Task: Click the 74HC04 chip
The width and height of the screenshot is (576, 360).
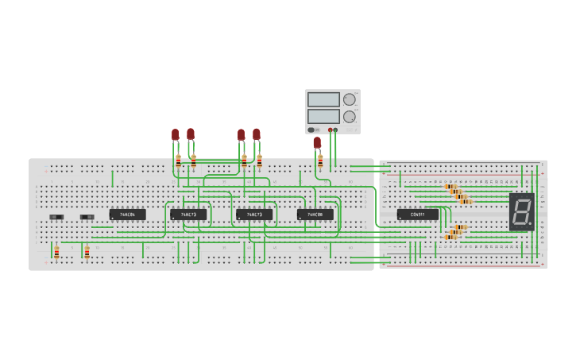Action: pyautogui.click(x=127, y=215)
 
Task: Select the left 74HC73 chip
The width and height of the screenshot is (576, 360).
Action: pyautogui.click(x=188, y=215)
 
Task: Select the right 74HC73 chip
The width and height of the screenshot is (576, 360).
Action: pyautogui.click(x=254, y=215)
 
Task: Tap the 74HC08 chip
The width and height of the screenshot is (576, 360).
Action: pyautogui.click(x=315, y=215)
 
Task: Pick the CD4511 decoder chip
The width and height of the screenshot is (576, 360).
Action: pyautogui.click(x=417, y=215)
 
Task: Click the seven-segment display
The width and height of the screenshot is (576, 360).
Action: pyautogui.click(x=521, y=211)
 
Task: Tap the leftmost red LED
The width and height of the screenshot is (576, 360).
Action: pyautogui.click(x=176, y=135)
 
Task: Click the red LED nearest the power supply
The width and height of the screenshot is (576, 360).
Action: pyautogui.click(x=317, y=142)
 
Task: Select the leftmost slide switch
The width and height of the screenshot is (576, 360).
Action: pyautogui.click(x=56, y=217)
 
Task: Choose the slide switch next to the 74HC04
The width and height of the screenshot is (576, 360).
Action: pyautogui.click(x=87, y=217)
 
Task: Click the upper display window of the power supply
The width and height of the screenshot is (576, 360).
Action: pyautogui.click(x=323, y=100)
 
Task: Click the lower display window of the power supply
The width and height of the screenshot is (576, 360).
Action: pyautogui.click(x=323, y=116)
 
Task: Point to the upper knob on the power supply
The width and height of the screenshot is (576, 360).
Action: pyautogui.click(x=349, y=100)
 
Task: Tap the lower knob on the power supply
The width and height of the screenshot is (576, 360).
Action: pyautogui.click(x=349, y=116)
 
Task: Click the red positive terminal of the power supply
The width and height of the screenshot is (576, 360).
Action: pyautogui.click(x=330, y=130)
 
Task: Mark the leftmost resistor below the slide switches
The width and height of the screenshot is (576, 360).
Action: pyautogui.click(x=56, y=253)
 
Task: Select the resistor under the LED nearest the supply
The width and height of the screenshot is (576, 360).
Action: pyautogui.click(x=320, y=161)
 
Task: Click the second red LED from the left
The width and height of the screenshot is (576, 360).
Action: pyautogui.click(x=191, y=134)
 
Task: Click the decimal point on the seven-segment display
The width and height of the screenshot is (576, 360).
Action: pyautogui.click(x=530, y=226)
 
